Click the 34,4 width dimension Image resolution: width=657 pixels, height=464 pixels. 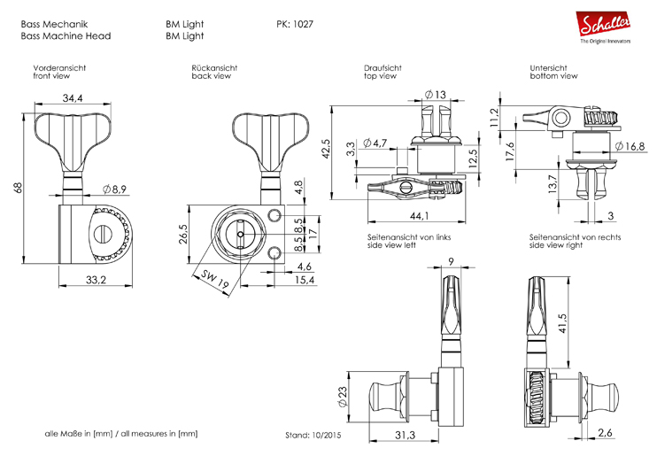tap(73, 97)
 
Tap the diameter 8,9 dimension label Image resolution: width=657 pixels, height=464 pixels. tap(116, 189)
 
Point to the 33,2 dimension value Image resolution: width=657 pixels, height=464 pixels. tap(96, 280)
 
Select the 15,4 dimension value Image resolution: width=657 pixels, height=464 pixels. tap(305, 280)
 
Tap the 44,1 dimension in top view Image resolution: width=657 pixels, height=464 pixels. tap(419, 216)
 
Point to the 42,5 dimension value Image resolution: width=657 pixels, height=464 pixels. tap(326, 150)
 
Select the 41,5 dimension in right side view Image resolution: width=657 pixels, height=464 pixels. tap(562, 325)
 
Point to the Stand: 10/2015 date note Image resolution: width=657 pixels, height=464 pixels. tap(313, 435)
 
